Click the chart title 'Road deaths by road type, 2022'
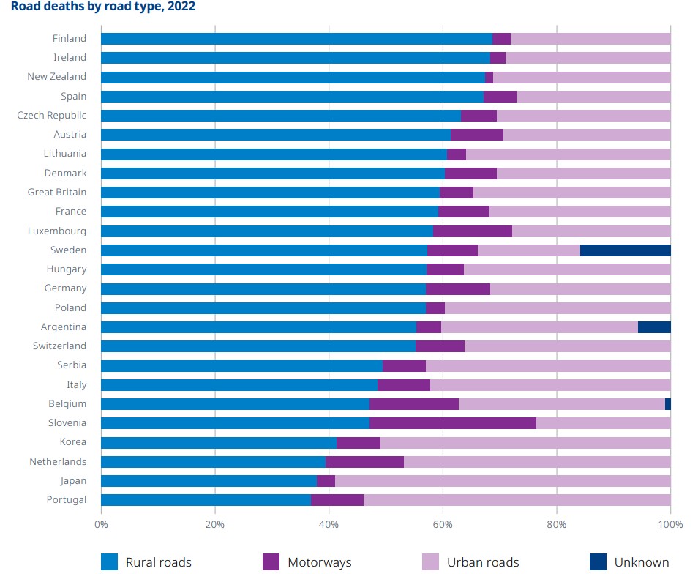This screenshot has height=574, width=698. [x=103, y=7]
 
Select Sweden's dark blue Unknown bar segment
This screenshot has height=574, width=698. [x=625, y=250]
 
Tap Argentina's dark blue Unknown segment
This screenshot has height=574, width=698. [x=654, y=327]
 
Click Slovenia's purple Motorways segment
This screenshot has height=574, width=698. [x=453, y=423]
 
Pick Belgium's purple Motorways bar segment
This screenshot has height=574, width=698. [x=414, y=404]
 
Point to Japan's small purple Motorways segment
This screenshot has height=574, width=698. [x=326, y=481]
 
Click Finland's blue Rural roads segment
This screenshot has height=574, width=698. [x=296, y=39]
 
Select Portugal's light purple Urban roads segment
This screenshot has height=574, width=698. [x=517, y=500]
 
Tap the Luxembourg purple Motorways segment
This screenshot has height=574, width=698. [x=473, y=231]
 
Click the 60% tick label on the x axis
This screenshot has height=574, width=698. [x=443, y=525]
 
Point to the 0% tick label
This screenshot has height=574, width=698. [x=101, y=525]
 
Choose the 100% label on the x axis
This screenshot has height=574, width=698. [x=670, y=525]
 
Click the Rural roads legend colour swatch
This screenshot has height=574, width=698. [x=109, y=562]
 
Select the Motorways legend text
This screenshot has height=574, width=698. [x=319, y=562]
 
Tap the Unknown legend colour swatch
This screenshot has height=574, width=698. [x=598, y=562]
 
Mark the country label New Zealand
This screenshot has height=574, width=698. [x=56, y=77]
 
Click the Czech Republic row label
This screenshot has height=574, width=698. [x=51, y=116]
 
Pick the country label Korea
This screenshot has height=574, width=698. [x=72, y=442]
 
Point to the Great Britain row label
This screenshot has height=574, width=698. [x=56, y=193]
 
